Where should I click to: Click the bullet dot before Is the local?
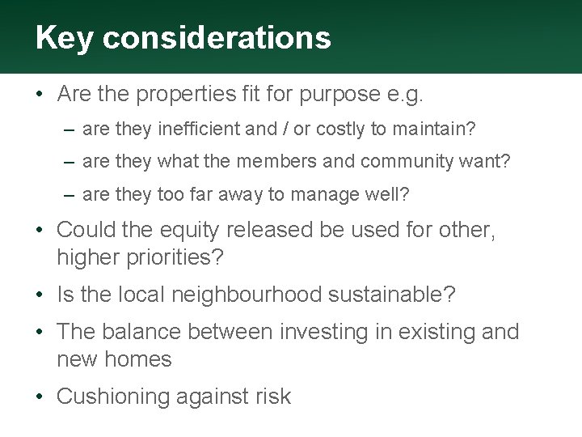tap(41, 295)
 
